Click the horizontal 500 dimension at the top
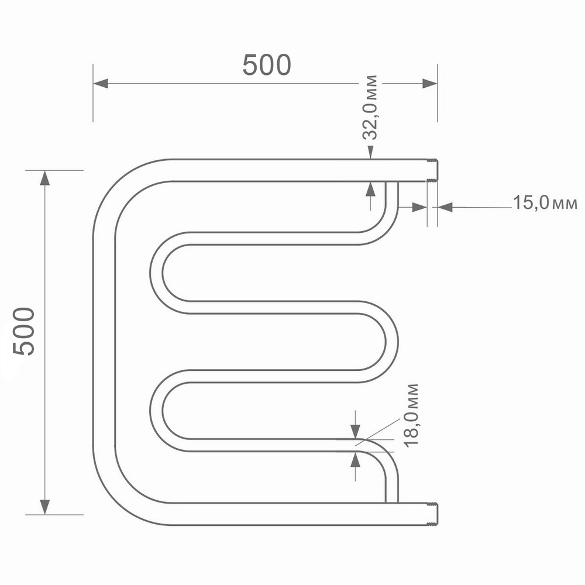[x=267, y=64]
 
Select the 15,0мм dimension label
[x=545, y=203]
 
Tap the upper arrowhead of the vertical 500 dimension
[x=44, y=178]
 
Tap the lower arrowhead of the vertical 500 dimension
[x=44, y=507]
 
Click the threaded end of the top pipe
[x=433, y=170]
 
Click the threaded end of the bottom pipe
[x=433, y=514]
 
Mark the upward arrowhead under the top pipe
[x=370, y=188]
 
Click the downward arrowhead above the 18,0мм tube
[x=355, y=432]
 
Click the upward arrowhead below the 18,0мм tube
[x=355, y=459]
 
